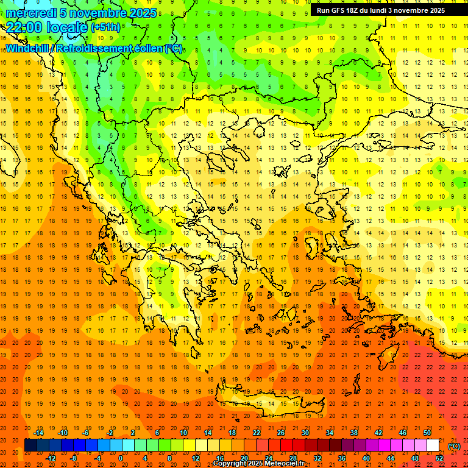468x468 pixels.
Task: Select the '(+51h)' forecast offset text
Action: (105, 27)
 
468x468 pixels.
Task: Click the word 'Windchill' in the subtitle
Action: (27, 48)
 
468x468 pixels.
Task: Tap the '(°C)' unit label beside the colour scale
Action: (454, 446)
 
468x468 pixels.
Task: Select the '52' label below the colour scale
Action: (439, 458)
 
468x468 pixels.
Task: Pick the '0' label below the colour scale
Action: (121, 458)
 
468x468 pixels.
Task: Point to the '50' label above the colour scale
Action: (427, 433)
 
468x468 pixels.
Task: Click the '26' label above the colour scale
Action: (281, 433)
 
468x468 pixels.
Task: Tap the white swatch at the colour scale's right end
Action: (433, 445)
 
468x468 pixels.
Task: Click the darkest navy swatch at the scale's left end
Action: (30, 445)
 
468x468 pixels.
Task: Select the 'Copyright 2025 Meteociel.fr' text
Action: (258, 464)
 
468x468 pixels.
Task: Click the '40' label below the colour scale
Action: (366, 458)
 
